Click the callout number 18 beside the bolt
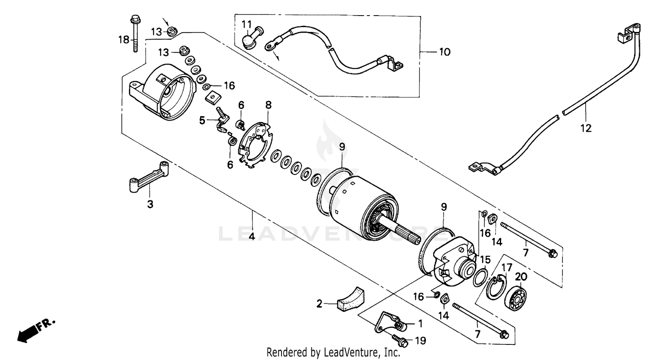click(x=123, y=40)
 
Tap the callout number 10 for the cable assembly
click(x=444, y=52)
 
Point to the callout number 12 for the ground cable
click(x=586, y=129)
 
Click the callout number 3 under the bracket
click(x=150, y=205)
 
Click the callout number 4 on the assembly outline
click(x=252, y=237)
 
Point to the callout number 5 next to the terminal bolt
click(x=202, y=121)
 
